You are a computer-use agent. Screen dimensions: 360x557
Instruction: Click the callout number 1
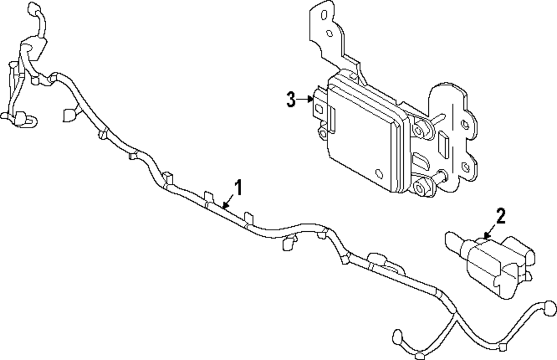point(238,188)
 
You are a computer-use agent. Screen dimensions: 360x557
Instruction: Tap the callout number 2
point(500,216)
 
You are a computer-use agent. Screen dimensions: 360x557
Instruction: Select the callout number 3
point(291,100)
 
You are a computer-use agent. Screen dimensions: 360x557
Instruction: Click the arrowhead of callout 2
point(486,237)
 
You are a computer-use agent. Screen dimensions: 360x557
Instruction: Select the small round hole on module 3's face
point(379,173)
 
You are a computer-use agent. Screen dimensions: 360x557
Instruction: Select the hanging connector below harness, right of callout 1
point(289,242)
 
